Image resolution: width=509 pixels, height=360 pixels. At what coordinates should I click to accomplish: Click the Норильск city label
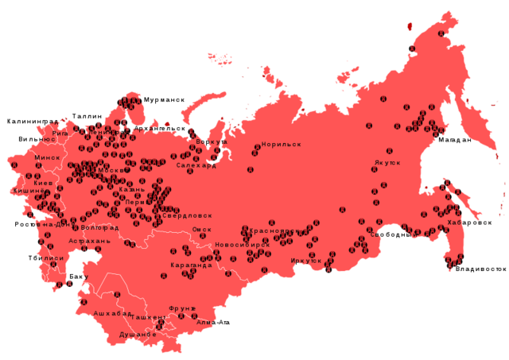click(x=282, y=145)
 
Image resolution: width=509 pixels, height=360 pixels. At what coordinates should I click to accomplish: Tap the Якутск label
click(x=387, y=163)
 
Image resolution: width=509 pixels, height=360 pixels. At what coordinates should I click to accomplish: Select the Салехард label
click(x=196, y=166)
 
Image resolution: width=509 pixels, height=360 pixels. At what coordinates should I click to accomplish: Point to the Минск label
click(x=46, y=158)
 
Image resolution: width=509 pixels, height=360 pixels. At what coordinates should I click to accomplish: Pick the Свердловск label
click(x=188, y=215)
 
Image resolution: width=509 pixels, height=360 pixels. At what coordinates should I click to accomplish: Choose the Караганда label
click(x=192, y=265)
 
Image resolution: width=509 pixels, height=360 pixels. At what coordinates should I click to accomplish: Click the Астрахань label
click(x=84, y=240)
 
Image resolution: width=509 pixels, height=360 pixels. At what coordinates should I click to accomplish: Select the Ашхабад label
click(x=112, y=314)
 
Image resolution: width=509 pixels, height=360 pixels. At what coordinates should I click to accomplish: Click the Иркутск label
click(x=306, y=260)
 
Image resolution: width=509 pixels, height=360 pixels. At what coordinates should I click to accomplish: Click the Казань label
click(x=132, y=190)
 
